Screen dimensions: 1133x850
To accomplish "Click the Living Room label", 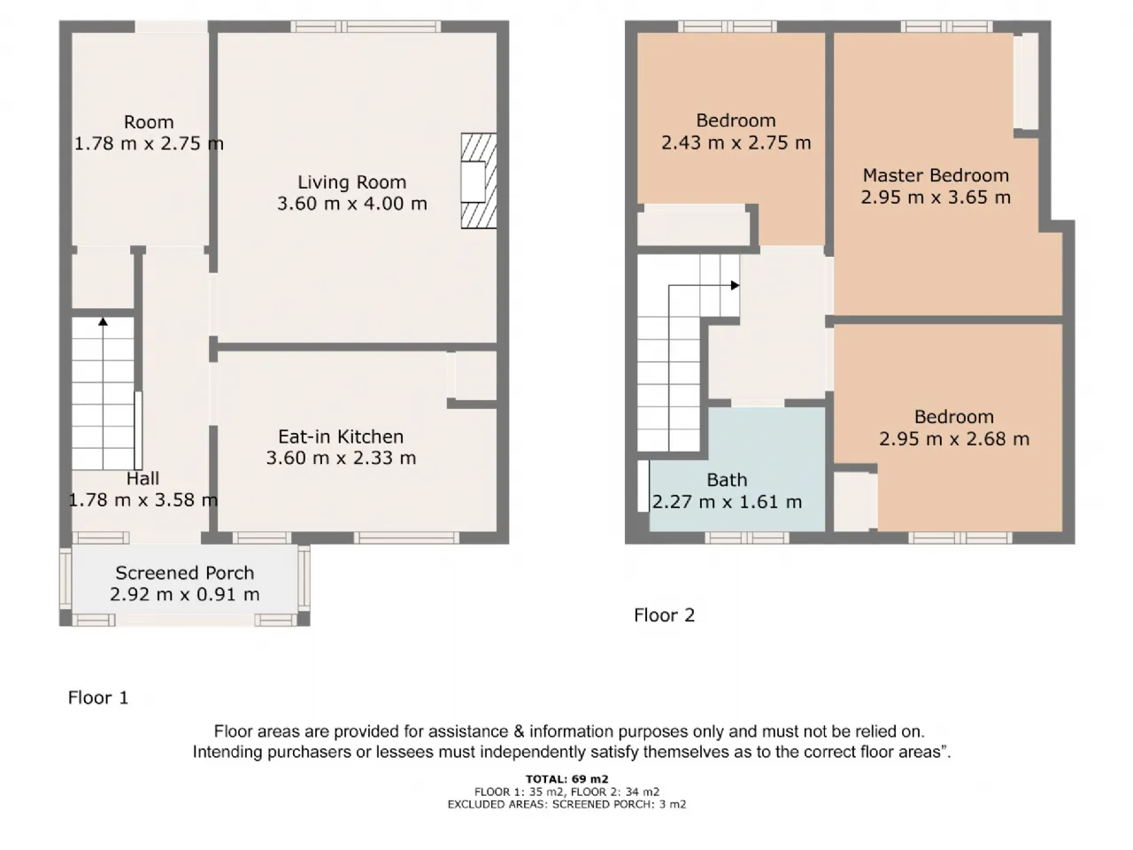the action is (352, 182).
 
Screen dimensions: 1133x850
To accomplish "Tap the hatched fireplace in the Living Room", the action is (479, 181).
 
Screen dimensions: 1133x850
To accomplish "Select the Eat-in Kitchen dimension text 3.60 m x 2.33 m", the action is (341, 458).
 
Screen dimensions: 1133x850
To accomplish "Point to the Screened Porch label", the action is (185, 573).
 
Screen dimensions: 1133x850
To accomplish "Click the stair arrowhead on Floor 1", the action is (104, 321).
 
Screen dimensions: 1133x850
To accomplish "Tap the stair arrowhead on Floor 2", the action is (735, 285).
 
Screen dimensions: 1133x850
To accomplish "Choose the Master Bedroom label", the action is (936, 175).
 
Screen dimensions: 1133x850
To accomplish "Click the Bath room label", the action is (727, 480).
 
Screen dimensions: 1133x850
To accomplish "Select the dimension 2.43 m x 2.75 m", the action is (736, 143).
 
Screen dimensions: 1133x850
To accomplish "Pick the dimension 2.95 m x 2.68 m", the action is (954, 438).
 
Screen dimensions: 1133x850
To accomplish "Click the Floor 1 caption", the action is (98, 698).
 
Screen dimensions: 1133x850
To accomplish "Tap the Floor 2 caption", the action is (665, 615).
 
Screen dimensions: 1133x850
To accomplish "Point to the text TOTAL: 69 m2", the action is (566, 779).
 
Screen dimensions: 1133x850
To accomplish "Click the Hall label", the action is (143, 478).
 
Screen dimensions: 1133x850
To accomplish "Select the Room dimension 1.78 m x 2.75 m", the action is (150, 143).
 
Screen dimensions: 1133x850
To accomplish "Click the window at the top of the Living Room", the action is (366, 27).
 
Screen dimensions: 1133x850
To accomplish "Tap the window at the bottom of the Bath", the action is (747, 537).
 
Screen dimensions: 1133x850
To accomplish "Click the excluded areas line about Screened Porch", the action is (566, 804).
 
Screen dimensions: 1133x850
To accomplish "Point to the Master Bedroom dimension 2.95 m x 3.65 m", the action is (936, 197).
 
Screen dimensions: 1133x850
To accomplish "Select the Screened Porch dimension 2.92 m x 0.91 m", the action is (185, 594).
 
